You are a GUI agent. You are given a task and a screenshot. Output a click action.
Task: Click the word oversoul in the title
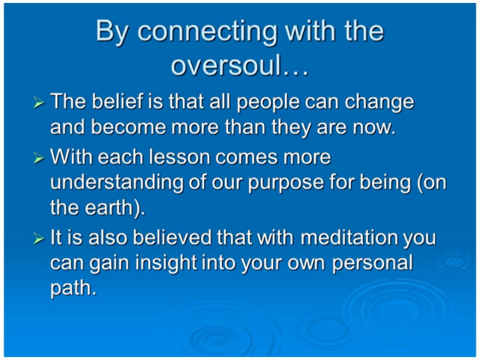pos(226,65)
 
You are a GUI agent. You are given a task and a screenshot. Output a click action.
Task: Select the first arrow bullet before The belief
pos(38,103)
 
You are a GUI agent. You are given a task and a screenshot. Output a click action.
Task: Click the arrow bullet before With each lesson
pos(38,158)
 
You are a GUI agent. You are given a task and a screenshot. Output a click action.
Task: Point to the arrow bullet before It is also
pos(38,238)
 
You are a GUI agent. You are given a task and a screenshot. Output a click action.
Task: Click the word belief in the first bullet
pos(118,101)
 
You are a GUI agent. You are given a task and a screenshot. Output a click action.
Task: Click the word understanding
pos(117,182)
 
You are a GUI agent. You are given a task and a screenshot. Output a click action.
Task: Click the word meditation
pos(348,237)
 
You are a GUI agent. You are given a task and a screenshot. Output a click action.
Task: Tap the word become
pos(128,127)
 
